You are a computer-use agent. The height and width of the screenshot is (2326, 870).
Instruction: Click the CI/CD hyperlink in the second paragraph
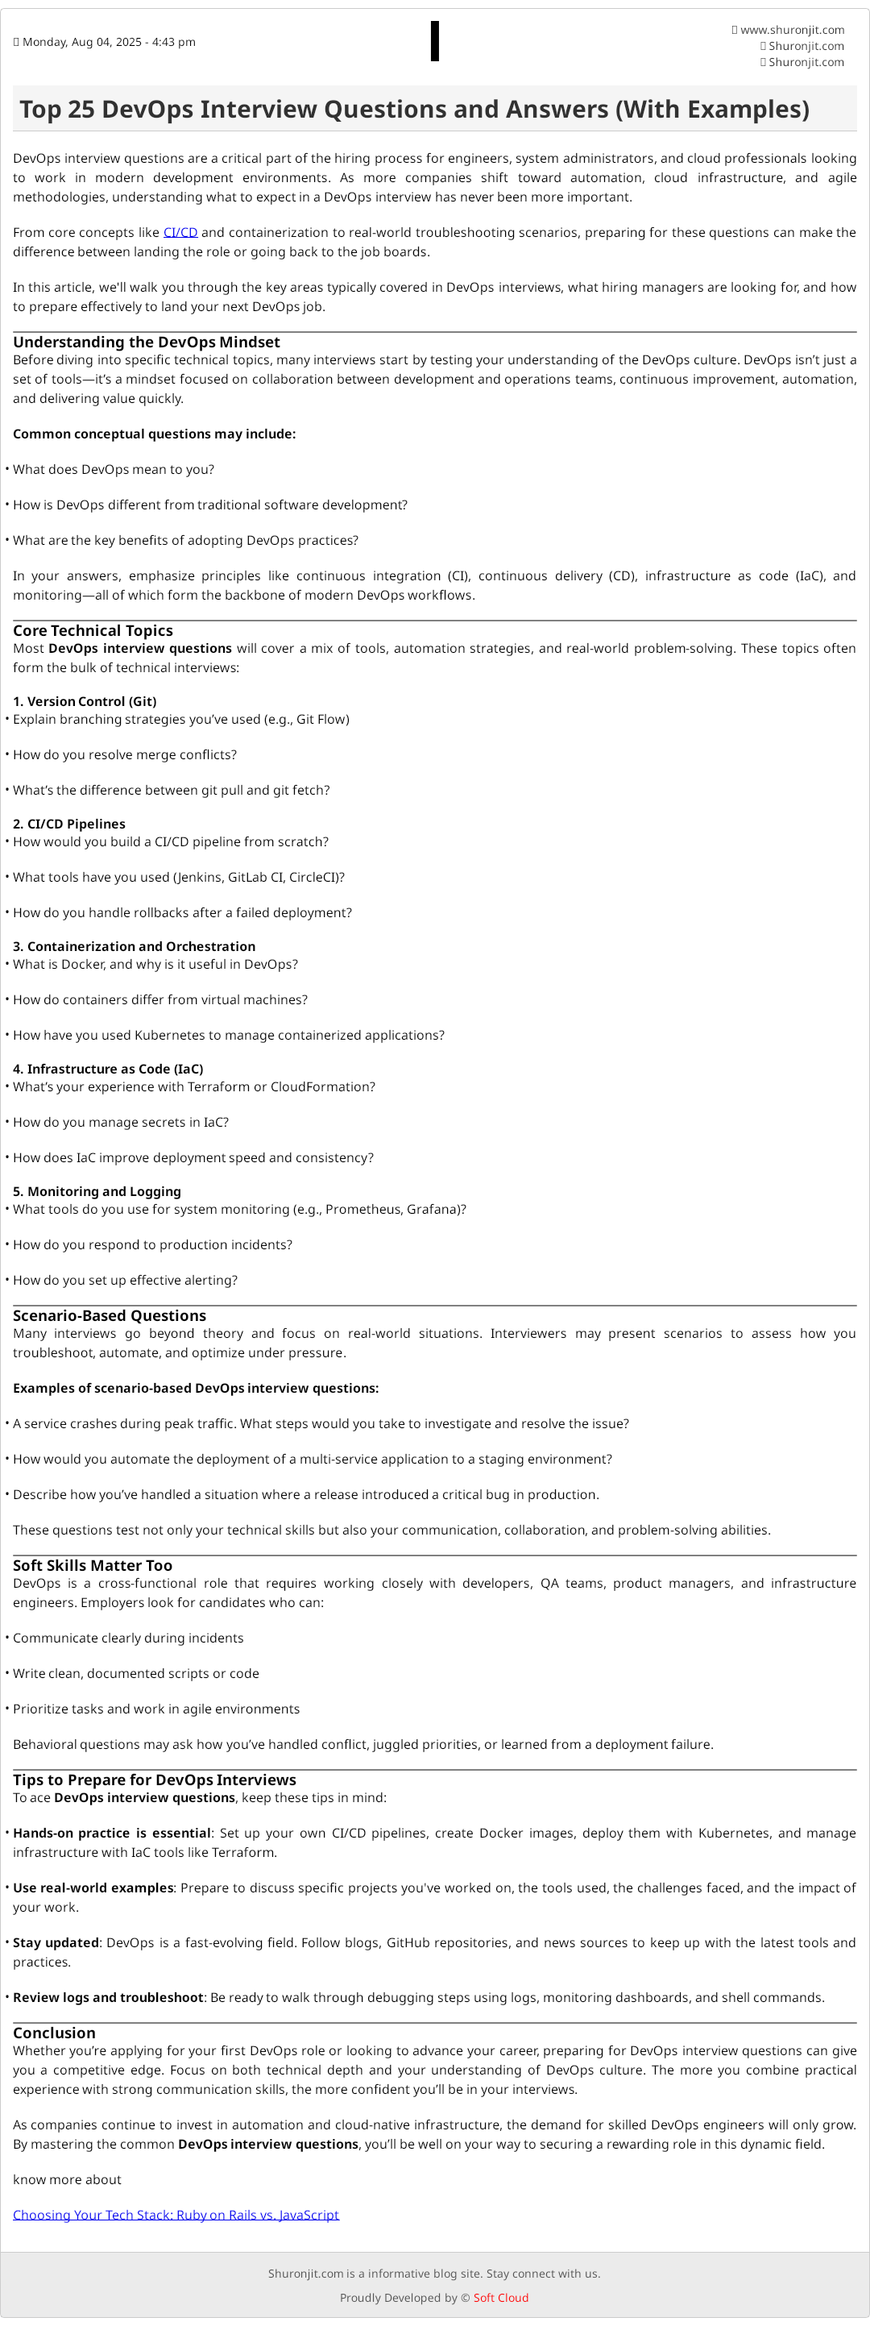[x=180, y=232]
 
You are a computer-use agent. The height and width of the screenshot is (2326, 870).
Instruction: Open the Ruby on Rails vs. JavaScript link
[x=176, y=2214]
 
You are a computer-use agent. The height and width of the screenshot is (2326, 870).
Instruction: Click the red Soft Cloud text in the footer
[x=501, y=2297]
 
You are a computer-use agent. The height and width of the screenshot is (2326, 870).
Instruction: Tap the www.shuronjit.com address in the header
[x=792, y=30]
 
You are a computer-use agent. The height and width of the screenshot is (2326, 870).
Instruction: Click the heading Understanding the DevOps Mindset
[x=146, y=343]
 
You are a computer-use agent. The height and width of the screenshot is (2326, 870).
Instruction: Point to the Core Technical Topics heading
[x=93, y=630]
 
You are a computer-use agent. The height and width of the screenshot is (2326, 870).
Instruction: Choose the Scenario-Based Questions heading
[x=110, y=1315]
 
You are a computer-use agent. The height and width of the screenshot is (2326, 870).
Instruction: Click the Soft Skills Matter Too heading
[x=92, y=1566]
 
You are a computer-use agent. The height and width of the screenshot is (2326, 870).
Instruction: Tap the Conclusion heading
[x=54, y=2033]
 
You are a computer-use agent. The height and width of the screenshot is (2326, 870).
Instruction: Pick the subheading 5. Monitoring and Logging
[x=97, y=1191]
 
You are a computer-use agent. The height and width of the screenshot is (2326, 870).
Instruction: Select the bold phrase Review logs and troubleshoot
[x=107, y=1997]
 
